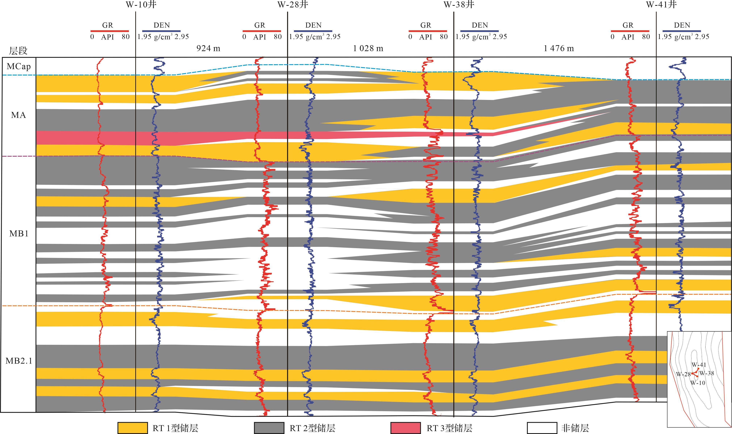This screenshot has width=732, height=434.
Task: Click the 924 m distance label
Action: (x=208, y=48)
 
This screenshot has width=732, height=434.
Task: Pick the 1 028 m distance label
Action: (x=368, y=48)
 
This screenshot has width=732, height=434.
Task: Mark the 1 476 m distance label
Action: (x=559, y=48)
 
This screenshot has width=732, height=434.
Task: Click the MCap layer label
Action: (x=19, y=66)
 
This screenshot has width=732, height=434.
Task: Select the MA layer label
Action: (x=18, y=115)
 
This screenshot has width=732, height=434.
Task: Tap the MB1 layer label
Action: (x=19, y=234)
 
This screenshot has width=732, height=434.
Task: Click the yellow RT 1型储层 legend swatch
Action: (x=133, y=427)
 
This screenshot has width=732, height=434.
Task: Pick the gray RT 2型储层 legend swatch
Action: (x=269, y=427)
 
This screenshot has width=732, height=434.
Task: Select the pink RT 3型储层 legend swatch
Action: (x=405, y=427)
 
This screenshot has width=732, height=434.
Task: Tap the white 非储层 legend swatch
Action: (x=542, y=427)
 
